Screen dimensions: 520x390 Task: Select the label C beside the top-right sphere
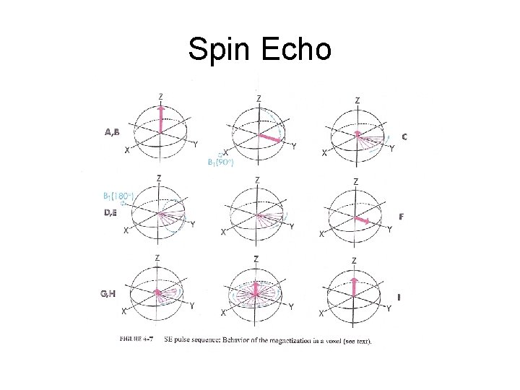(x=404, y=136)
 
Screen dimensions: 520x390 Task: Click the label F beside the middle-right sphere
(x=402, y=216)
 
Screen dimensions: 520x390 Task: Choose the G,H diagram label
(x=110, y=293)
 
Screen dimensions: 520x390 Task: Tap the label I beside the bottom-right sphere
(x=400, y=297)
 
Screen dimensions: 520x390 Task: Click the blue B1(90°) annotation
(x=220, y=162)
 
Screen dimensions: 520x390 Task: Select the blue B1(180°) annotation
(x=117, y=195)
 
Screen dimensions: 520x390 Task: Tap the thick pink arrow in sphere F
(x=368, y=218)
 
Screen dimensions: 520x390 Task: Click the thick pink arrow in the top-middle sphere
(x=270, y=137)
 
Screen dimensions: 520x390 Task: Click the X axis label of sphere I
(x=321, y=314)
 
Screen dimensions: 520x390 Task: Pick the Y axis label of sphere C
(x=391, y=149)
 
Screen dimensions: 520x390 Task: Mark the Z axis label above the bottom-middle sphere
(x=256, y=259)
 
